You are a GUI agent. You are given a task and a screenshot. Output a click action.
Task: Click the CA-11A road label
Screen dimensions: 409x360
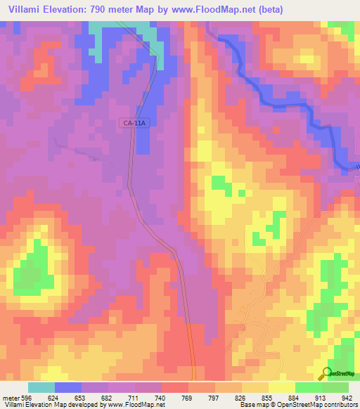point(134,123)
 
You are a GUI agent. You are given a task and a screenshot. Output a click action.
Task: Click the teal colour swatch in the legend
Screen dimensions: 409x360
point(41,387)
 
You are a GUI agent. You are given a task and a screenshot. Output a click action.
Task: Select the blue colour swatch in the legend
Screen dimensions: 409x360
point(68,387)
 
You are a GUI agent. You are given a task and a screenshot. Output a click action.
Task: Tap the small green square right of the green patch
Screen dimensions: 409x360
point(241,192)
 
